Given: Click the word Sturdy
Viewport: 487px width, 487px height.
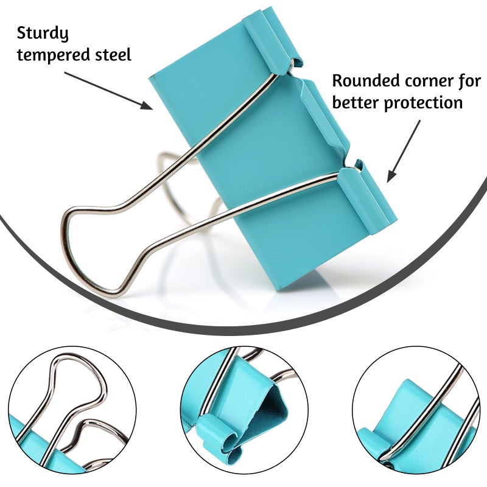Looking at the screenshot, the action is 43,33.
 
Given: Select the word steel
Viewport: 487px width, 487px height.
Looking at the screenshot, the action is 113,54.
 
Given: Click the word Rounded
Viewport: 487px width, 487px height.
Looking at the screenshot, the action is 366,80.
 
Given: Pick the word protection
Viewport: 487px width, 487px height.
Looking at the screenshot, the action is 423,103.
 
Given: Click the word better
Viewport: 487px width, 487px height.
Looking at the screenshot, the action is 356,102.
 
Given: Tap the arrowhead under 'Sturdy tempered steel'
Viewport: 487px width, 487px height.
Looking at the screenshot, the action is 147,105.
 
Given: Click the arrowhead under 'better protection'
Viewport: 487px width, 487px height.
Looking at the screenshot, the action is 391,177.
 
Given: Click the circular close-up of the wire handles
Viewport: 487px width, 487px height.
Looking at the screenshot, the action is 72,410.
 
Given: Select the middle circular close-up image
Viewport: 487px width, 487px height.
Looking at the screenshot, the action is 244,410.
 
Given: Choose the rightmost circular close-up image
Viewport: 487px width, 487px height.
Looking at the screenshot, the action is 416,410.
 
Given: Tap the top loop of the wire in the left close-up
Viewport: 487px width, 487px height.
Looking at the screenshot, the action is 78,365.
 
